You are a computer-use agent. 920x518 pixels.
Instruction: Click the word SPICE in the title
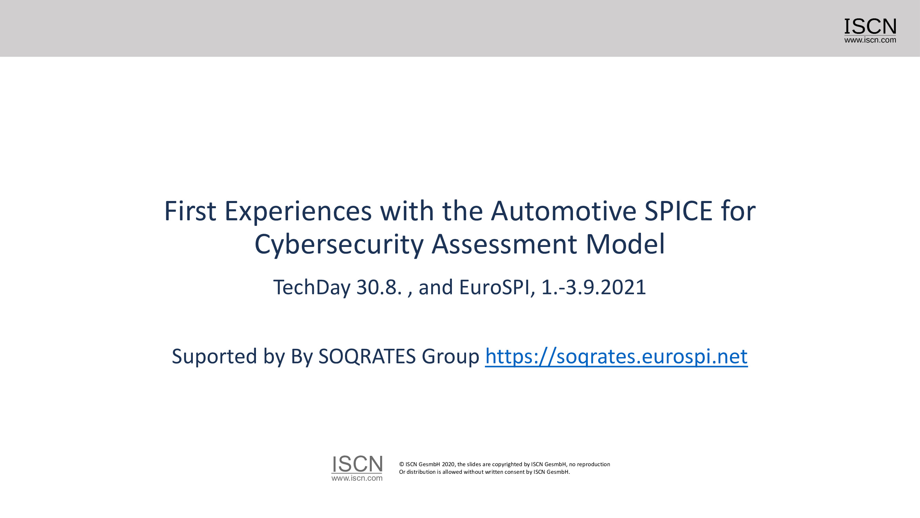click(x=679, y=211)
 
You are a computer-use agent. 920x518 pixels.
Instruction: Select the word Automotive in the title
click(x=564, y=211)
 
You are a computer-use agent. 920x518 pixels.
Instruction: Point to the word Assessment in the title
click(x=504, y=244)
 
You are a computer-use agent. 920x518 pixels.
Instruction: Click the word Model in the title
click(x=625, y=244)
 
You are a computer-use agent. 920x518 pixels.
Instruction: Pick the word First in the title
click(x=190, y=211)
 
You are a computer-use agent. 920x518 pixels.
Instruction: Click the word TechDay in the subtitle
click(x=311, y=288)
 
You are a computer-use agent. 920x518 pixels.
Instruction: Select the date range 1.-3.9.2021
click(x=594, y=287)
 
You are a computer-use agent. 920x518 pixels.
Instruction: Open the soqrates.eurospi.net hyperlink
click(x=616, y=357)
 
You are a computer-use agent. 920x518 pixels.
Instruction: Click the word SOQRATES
click(x=367, y=357)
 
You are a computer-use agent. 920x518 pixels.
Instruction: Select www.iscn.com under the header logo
click(x=870, y=40)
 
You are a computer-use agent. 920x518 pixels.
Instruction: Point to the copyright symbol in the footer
click(x=402, y=464)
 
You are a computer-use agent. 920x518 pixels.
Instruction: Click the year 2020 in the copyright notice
click(x=448, y=464)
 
